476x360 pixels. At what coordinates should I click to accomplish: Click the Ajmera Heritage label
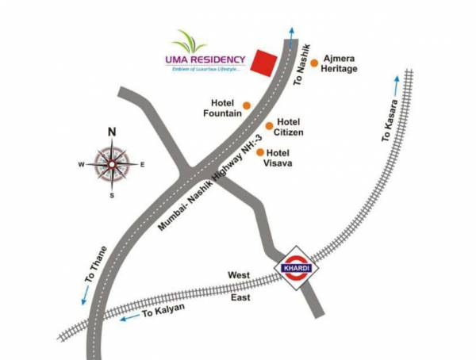[x=340, y=63]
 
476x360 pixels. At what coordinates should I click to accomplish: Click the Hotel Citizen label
[x=290, y=126]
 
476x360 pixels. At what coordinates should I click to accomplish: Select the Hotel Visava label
[x=279, y=158]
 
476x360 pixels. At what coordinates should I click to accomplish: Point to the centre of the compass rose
[x=112, y=165]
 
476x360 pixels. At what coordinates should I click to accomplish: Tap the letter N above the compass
[x=112, y=132]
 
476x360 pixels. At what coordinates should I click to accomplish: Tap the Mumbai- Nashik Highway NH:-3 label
[x=204, y=187]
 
